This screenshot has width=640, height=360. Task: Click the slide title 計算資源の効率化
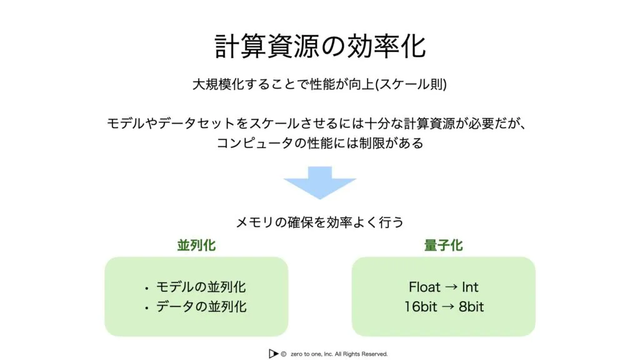320,46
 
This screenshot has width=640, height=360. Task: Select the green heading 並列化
196,246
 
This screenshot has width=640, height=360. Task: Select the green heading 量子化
443,246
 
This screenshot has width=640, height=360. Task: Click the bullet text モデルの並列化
201,287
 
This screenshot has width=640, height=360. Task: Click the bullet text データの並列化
201,307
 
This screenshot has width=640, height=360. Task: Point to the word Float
424,287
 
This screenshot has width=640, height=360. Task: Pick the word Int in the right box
470,287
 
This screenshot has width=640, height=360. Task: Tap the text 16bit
420,307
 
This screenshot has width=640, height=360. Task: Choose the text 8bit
471,307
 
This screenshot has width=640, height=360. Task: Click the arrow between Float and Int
451,287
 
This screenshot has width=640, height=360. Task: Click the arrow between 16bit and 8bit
447,307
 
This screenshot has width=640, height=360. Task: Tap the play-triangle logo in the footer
273,354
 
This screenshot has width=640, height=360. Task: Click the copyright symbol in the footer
284,354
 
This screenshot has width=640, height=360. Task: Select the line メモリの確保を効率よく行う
320,222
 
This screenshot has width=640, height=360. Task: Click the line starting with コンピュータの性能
320,143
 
